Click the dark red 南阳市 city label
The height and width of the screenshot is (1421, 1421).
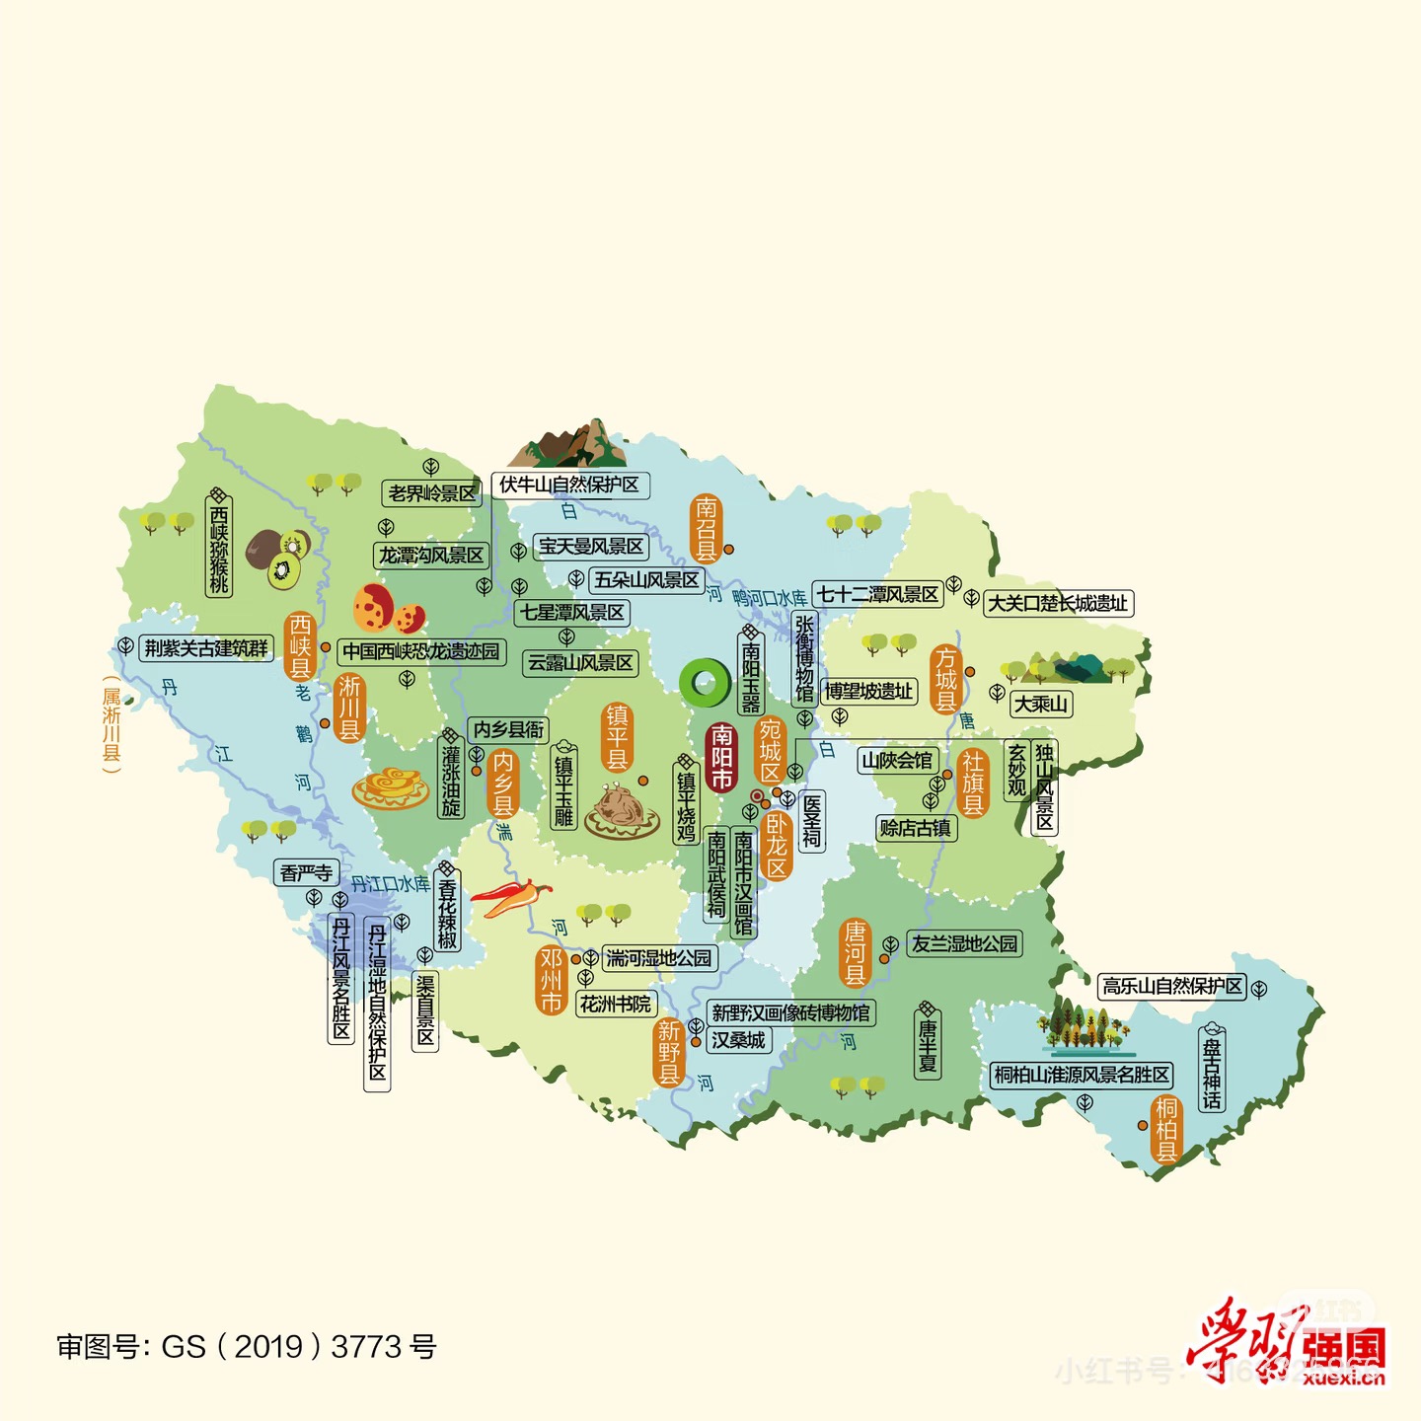722,757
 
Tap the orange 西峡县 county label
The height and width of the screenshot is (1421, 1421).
300,646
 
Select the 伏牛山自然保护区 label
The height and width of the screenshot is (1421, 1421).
569,485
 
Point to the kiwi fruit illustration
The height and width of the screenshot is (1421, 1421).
278,557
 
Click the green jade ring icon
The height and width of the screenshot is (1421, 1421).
705,683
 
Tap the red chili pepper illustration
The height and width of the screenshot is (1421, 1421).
510,897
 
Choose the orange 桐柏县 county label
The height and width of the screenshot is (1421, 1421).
1166,1129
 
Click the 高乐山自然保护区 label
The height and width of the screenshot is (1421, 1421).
1172,986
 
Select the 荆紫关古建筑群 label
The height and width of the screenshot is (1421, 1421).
206,648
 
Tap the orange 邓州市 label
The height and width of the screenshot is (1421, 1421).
551,980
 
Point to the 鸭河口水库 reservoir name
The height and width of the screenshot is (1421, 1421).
770,598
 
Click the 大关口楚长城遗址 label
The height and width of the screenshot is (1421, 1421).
1058,603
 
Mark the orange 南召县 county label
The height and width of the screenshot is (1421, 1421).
706,528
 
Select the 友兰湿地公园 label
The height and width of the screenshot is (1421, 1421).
964,944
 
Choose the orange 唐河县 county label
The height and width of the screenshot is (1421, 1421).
855,952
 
